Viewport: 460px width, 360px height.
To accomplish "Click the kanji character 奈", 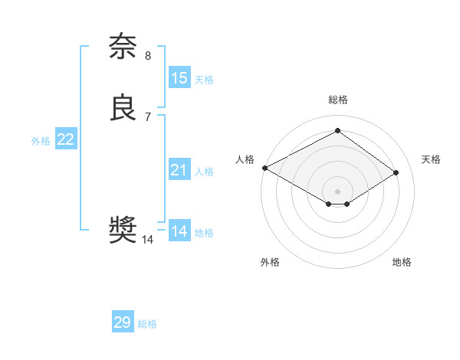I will (x=123, y=47).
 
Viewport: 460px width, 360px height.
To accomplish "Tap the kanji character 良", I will (x=123, y=108).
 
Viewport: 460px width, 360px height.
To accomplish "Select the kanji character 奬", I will (x=123, y=230).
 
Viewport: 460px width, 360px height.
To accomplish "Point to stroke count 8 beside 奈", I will (x=148, y=55).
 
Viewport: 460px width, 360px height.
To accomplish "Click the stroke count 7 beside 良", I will (x=148, y=116).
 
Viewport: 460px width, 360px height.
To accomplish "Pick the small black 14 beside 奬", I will (x=148, y=239).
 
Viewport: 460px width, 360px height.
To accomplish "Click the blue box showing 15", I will (x=179, y=77).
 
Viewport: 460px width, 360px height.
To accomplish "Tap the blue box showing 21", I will (x=179, y=170).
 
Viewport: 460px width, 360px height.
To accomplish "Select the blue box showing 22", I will (x=66, y=139).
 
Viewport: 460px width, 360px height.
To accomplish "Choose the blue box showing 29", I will (x=123, y=322).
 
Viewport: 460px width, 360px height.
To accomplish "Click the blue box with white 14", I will (x=179, y=231).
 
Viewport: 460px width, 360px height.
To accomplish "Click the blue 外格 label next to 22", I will (x=41, y=141).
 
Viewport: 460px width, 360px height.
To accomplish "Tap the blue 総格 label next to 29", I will (x=147, y=324).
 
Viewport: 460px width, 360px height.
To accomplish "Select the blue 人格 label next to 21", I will (x=204, y=172).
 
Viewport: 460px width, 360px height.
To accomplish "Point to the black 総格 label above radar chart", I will (x=338, y=100).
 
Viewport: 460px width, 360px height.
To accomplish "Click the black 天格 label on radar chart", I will (x=431, y=159).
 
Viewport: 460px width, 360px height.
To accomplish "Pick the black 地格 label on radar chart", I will (x=402, y=262).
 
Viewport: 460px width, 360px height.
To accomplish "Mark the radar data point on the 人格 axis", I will (x=264, y=168).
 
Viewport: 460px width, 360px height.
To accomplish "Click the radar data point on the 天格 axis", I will (x=396, y=172).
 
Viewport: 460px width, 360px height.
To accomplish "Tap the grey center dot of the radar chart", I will (x=338, y=191).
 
